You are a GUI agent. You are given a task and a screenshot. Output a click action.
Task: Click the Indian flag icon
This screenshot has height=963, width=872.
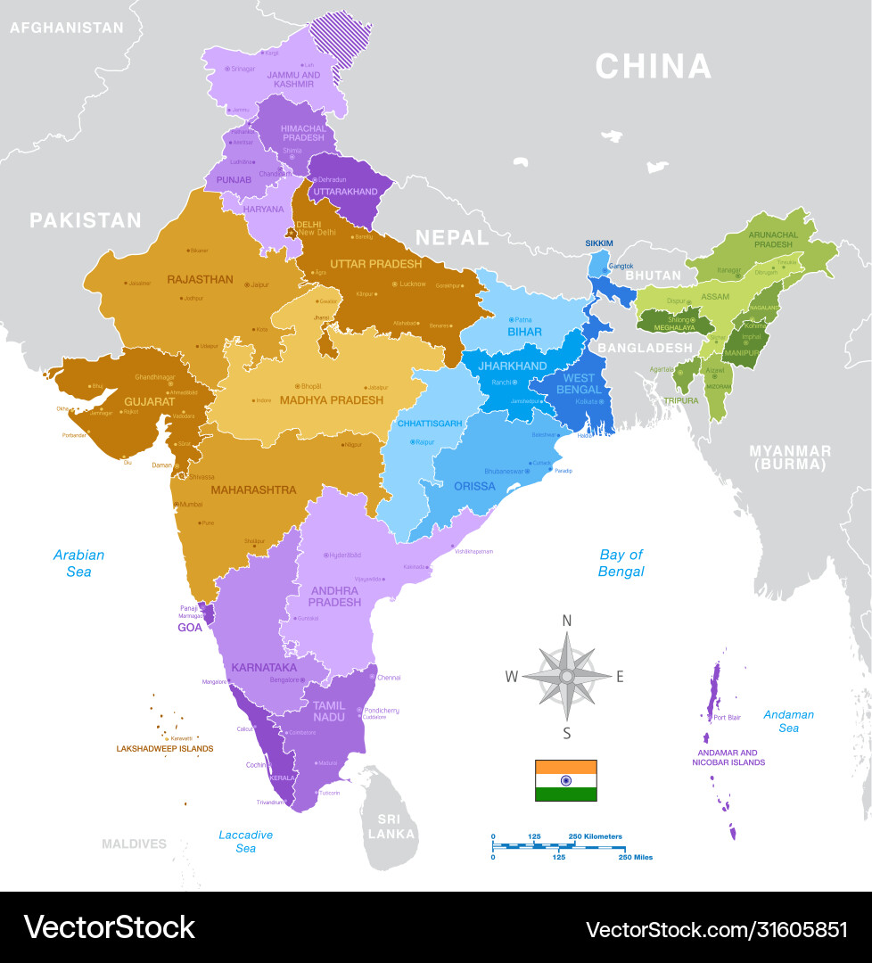(x=565, y=780)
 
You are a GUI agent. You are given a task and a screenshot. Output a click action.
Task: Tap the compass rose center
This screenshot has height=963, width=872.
(x=566, y=676)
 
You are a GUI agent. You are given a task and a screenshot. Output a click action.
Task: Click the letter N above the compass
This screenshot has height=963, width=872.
(x=566, y=621)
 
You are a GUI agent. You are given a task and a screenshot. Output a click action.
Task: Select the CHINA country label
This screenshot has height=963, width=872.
(x=653, y=67)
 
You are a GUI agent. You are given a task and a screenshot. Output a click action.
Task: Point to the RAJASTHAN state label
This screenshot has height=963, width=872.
(x=200, y=279)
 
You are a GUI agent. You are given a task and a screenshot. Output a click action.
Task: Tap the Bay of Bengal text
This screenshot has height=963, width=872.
(x=621, y=563)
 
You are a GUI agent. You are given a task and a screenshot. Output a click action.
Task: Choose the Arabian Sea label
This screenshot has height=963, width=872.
(x=78, y=563)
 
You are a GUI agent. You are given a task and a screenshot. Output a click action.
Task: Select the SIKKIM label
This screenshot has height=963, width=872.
(x=599, y=243)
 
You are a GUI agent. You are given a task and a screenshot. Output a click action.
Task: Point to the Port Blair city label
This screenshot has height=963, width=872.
(x=727, y=717)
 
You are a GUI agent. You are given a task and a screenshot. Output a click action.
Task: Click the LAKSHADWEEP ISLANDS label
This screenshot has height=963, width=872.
(x=165, y=749)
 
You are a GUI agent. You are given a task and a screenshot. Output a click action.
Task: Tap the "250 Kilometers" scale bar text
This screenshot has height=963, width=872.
(x=596, y=836)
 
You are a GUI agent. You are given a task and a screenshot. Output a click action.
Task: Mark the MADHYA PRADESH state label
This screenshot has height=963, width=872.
(x=332, y=400)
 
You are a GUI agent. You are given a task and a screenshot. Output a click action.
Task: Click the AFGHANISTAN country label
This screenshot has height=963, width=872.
(x=67, y=28)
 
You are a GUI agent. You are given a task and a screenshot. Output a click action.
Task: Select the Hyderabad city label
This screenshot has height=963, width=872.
(x=344, y=555)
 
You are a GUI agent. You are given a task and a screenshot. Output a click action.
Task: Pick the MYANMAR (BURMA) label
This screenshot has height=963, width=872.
(x=789, y=457)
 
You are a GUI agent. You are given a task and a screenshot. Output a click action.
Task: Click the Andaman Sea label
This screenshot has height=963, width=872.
(x=788, y=721)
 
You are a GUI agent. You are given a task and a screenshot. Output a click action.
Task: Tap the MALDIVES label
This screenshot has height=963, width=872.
(x=134, y=844)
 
